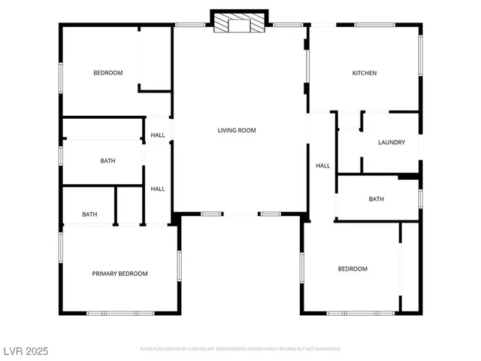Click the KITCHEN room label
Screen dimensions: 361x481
click(365, 73)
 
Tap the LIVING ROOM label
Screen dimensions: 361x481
click(237, 130)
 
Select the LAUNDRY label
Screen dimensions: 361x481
click(392, 142)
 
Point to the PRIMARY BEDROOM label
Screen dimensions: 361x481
click(119, 274)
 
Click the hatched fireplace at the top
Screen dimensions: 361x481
click(240, 23)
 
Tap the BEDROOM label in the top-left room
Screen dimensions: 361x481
click(107, 73)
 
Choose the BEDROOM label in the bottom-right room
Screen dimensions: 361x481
click(352, 268)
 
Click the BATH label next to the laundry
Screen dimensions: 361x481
click(376, 199)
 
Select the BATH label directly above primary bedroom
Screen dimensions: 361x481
click(89, 215)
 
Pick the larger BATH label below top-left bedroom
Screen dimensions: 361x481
click(107, 161)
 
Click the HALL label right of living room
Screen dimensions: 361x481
click(322, 166)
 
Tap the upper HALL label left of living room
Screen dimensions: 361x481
click(158, 135)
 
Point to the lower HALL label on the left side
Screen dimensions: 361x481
click(158, 189)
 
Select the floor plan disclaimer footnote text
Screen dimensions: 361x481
click(240, 349)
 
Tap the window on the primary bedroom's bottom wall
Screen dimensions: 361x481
click(120, 313)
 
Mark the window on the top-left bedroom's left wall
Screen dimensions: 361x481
click(61, 77)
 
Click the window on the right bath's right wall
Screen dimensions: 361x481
click(420, 199)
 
